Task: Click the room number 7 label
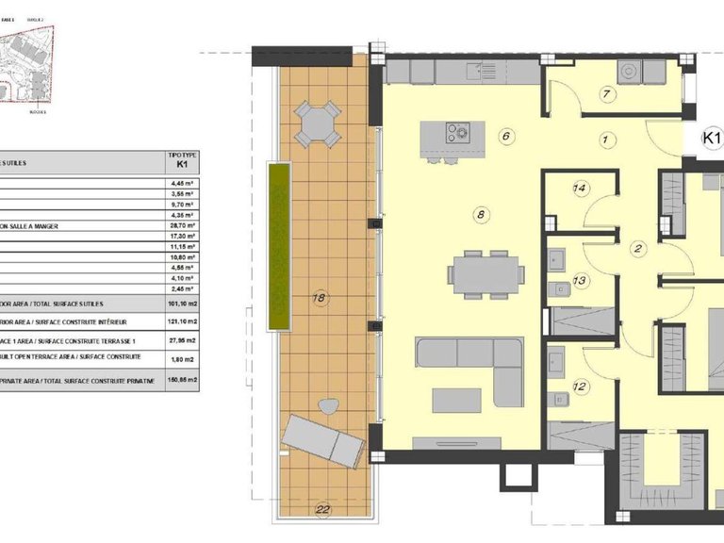607,93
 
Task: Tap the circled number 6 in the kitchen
506,136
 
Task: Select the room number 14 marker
581,189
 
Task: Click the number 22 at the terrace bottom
323,510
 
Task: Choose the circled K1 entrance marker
713,139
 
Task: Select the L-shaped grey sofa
470,363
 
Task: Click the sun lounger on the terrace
324,439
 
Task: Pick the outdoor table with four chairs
318,123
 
